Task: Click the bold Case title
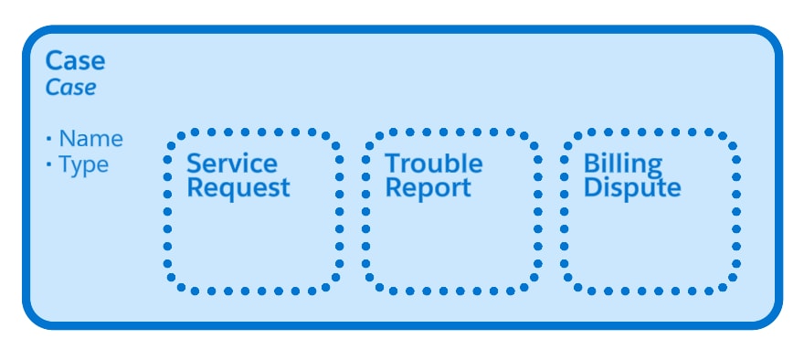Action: click(x=75, y=61)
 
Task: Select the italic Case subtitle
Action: click(x=70, y=88)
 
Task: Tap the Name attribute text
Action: click(x=90, y=139)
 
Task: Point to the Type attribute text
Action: click(x=83, y=164)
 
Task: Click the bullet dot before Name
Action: click(x=48, y=140)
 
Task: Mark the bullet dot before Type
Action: click(x=48, y=165)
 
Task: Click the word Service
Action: click(x=232, y=164)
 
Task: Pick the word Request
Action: click(x=238, y=188)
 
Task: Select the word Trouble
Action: click(x=433, y=164)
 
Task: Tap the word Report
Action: click(x=428, y=188)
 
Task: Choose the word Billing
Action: click(x=623, y=164)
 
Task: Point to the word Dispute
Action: click(x=632, y=188)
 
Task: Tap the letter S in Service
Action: click(x=195, y=164)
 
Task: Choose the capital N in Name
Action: click(x=67, y=139)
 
